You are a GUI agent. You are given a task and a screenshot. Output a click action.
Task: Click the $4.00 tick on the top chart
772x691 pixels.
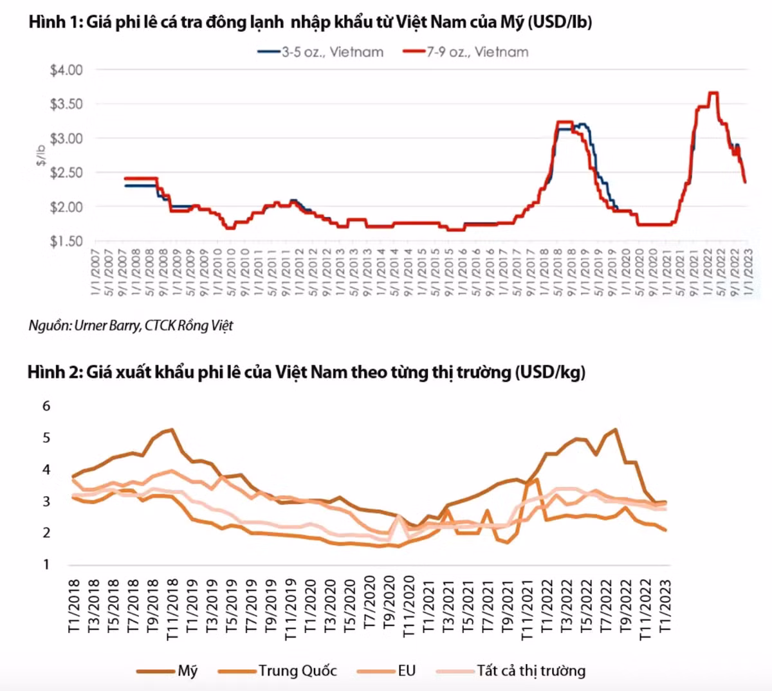(x=66, y=69)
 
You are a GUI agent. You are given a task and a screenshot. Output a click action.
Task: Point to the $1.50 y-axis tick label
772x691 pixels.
(x=66, y=241)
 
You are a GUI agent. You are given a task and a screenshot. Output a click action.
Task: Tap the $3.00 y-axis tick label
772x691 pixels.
(x=66, y=138)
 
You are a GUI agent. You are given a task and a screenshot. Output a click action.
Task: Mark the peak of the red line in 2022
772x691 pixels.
(x=712, y=93)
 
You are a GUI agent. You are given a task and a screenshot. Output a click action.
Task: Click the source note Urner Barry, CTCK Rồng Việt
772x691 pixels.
(x=131, y=326)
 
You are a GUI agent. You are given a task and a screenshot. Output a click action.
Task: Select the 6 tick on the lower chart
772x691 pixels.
(x=46, y=406)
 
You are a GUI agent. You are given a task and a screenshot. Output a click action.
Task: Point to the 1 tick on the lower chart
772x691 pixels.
(x=46, y=564)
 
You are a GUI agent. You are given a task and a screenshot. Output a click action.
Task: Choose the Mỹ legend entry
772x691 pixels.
(x=187, y=671)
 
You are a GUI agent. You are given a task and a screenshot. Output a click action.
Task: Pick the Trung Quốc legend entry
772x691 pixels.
(x=297, y=671)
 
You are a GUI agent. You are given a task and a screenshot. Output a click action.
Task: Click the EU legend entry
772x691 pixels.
(x=407, y=671)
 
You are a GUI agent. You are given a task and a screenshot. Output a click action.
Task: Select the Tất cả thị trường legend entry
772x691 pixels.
(x=531, y=671)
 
